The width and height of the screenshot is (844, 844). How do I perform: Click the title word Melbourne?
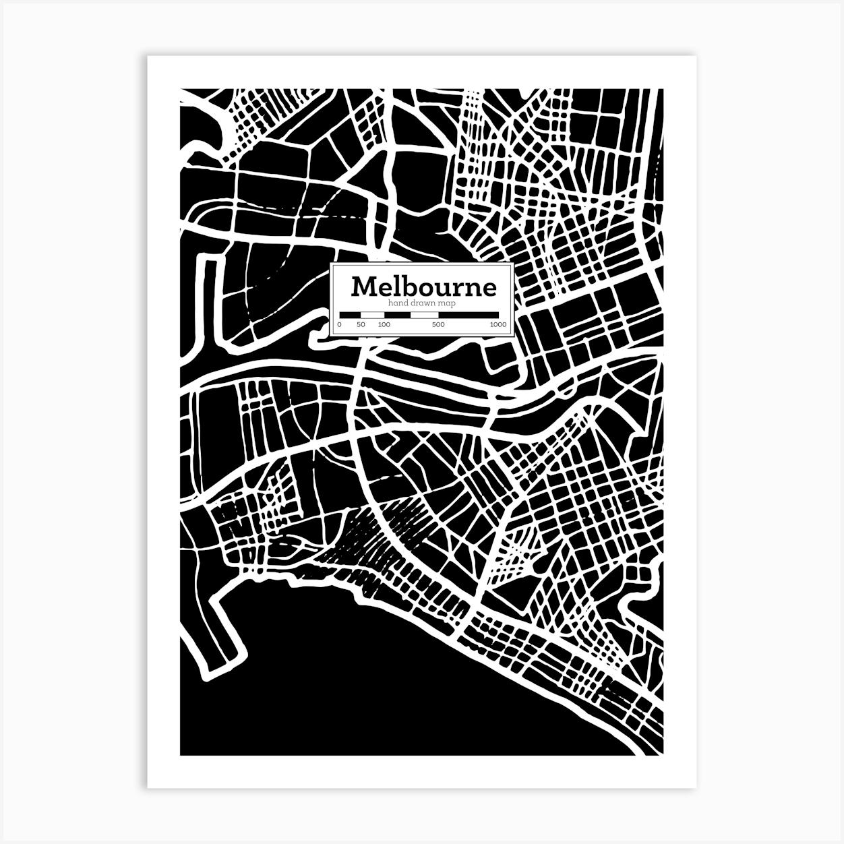click(423, 287)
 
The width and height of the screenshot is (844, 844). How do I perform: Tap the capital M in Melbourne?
click(363, 287)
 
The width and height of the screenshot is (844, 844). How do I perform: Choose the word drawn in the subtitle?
click(421, 304)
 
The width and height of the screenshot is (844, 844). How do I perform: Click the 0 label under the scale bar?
click(339, 324)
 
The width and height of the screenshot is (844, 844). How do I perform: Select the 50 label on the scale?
click(361, 324)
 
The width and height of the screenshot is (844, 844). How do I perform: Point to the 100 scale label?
click(384, 324)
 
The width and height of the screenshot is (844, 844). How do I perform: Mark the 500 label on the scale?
click(438, 324)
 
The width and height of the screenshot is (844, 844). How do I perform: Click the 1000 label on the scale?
click(498, 324)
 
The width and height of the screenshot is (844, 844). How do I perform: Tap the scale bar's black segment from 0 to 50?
click(350, 315)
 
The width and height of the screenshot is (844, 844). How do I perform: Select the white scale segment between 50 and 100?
click(371, 315)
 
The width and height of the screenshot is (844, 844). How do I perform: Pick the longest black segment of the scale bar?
click(469, 315)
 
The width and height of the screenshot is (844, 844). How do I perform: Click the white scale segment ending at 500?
click(425, 315)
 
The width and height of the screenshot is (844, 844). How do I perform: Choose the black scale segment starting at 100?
click(396, 315)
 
